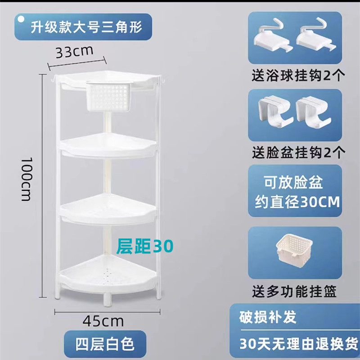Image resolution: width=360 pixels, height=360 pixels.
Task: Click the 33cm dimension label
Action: pyautogui.click(x=74, y=51)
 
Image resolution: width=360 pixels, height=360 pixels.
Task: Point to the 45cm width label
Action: pyautogui.click(x=103, y=321)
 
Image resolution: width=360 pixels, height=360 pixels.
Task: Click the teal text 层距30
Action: pyautogui.click(x=144, y=246)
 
